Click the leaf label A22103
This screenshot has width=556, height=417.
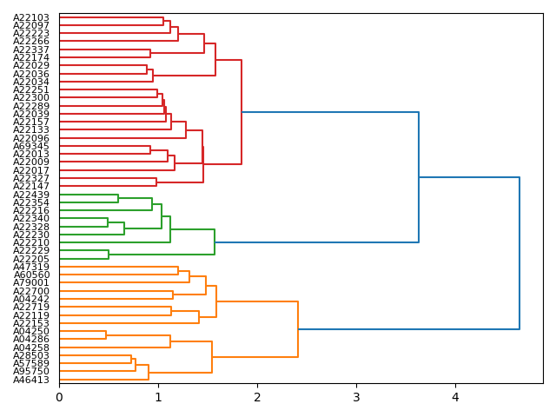pos(31,17)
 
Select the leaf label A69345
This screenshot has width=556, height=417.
pos(31,146)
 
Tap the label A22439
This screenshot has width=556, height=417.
pos(31,195)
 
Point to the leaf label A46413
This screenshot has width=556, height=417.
pos(31,380)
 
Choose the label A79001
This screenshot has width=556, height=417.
pos(31,283)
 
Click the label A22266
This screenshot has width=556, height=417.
pos(31,42)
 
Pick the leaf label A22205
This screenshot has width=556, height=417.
pos(31,259)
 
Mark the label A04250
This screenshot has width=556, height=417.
pos(31,331)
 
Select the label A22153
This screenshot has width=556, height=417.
pos(31,323)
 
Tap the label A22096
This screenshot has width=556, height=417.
pos(31,138)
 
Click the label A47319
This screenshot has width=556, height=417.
pos(31,267)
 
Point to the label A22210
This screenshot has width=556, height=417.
pos(31,242)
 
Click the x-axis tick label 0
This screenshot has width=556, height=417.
pos(59,398)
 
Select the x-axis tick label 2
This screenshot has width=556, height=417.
pos(257,398)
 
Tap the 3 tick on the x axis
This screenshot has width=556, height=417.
pos(356,398)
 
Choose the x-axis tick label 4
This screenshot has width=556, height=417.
pos(455,398)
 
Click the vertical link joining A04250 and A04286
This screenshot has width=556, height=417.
pos(106,335)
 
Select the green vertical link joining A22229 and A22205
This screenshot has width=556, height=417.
pos(109,255)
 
